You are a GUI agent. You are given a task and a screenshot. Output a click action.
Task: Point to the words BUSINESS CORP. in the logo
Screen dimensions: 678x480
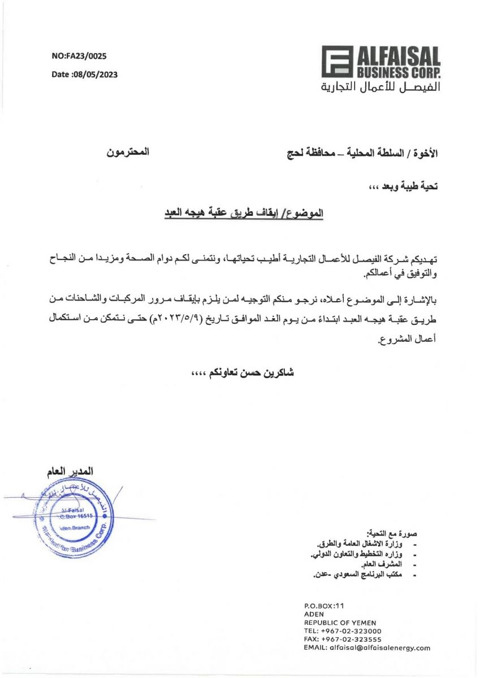coord(398,72)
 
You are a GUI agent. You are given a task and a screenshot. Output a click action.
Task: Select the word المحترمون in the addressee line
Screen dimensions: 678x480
coord(128,153)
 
